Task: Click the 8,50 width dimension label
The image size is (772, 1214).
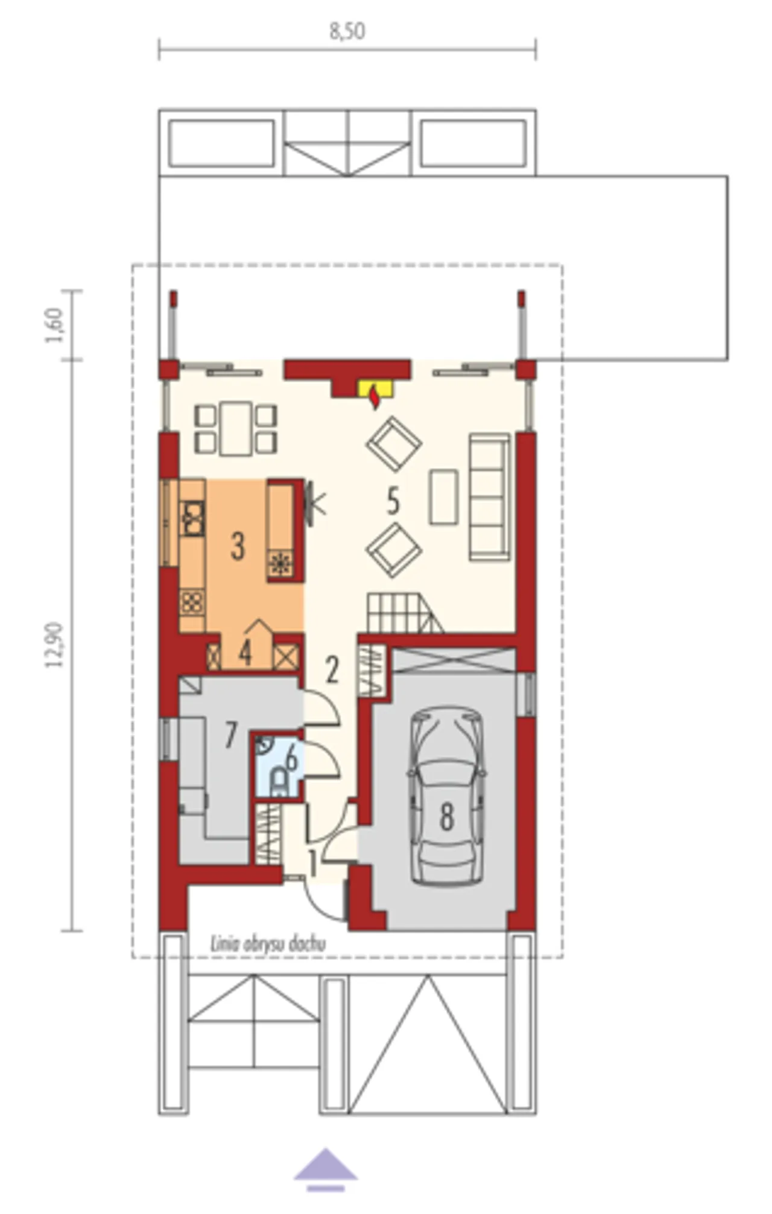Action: (347, 31)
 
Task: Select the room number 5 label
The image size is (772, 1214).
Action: (393, 501)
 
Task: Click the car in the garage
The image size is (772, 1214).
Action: (446, 796)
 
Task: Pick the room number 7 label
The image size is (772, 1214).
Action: (230, 734)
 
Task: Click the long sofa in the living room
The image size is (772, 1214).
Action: (490, 496)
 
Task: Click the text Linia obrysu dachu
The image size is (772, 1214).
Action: (268, 944)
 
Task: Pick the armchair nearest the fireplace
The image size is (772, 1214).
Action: (393, 444)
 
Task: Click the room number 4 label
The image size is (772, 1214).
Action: (245, 652)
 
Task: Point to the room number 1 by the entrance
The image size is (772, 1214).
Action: (312, 863)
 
